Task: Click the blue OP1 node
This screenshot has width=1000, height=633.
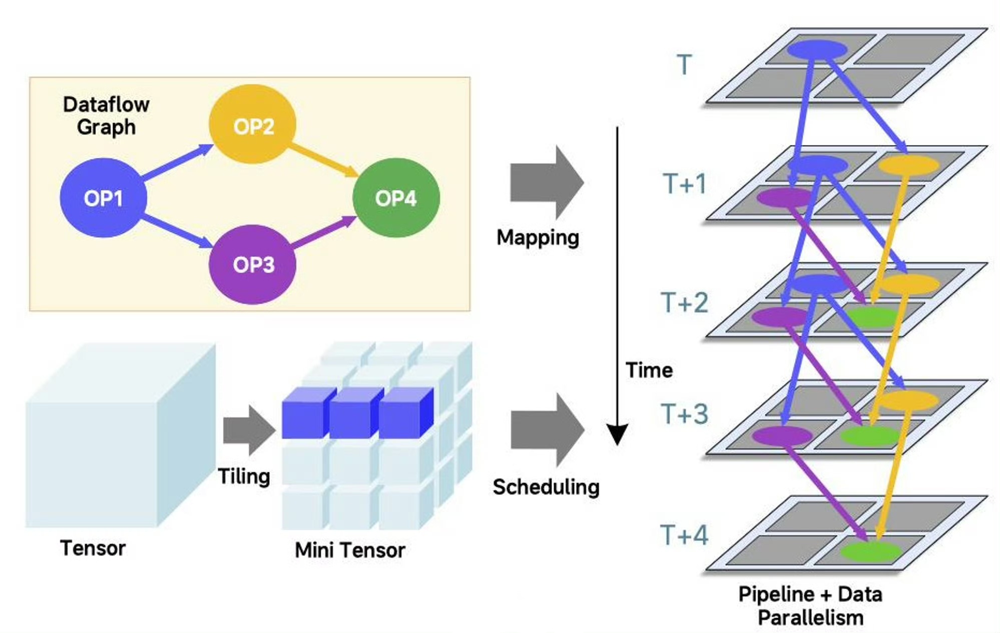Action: coord(103,198)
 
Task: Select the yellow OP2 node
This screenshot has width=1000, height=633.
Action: coord(252,124)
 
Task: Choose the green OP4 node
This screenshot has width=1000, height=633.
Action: coord(396,198)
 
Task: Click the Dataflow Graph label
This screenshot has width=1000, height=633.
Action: coord(106,115)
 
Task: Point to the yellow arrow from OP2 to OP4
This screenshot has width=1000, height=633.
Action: coord(323,160)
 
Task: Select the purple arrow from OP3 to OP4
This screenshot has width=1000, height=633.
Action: coord(323,232)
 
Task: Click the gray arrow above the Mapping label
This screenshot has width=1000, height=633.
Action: coord(546,183)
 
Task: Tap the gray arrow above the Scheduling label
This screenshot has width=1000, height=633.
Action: coord(547,430)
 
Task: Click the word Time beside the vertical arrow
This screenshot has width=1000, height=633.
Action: coord(649,370)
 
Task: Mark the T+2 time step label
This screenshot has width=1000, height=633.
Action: coord(685,302)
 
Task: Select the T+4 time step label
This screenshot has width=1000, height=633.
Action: coord(684,535)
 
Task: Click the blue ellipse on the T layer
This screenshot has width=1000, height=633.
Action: coord(817,50)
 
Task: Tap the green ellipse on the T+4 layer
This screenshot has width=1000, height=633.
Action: coord(870,551)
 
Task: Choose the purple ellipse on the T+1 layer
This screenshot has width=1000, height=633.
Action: coord(784,197)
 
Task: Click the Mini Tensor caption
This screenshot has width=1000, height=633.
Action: coord(350,550)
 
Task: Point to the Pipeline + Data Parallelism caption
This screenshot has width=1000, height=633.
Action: coord(810,605)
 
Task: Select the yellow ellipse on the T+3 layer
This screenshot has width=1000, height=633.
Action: coord(908,400)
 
